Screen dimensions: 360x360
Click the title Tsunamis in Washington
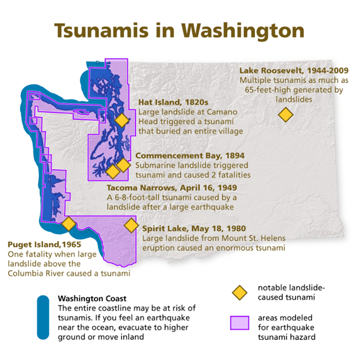(179, 31)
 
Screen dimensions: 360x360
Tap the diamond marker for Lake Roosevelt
(286, 115)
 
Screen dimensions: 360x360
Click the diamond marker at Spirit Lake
(131, 225)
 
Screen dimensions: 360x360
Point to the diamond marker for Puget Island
(69, 223)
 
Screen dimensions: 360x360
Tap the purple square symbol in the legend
(239, 323)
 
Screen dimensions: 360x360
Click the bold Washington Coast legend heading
(92, 298)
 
